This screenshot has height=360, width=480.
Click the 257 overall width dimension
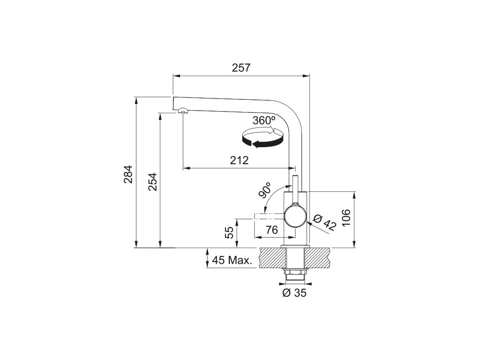point(241,68)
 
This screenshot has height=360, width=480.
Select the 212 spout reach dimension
point(239,161)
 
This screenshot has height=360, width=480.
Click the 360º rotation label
point(263,120)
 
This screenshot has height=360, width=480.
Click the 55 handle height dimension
point(230,232)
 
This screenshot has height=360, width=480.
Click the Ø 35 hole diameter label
point(294,293)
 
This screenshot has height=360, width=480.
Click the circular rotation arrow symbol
point(262,138)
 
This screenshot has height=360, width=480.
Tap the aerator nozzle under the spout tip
point(182,111)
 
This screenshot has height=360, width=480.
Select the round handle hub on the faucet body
point(296,217)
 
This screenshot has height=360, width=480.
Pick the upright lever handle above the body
point(296,187)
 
